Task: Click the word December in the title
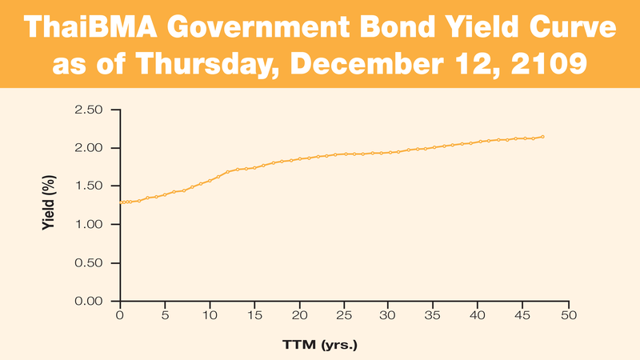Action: tap(370, 64)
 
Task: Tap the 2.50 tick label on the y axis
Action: tap(89, 110)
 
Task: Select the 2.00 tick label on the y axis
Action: tap(89, 148)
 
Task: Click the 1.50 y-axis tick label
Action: tap(89, 186)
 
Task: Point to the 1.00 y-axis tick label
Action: tap(89, 225)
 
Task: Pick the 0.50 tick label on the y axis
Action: tap(89, 263)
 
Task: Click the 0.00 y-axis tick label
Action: tap(89, 302)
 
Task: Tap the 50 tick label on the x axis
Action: tap(568, 315)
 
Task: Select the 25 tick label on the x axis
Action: tap(344, 315)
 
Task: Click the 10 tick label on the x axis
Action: tap(210, 315)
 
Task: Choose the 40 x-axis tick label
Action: tap(478, 315)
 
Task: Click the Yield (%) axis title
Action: tap(49, 206)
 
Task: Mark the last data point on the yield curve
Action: tap(542, 137)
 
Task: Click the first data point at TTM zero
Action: tap(120, 202)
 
